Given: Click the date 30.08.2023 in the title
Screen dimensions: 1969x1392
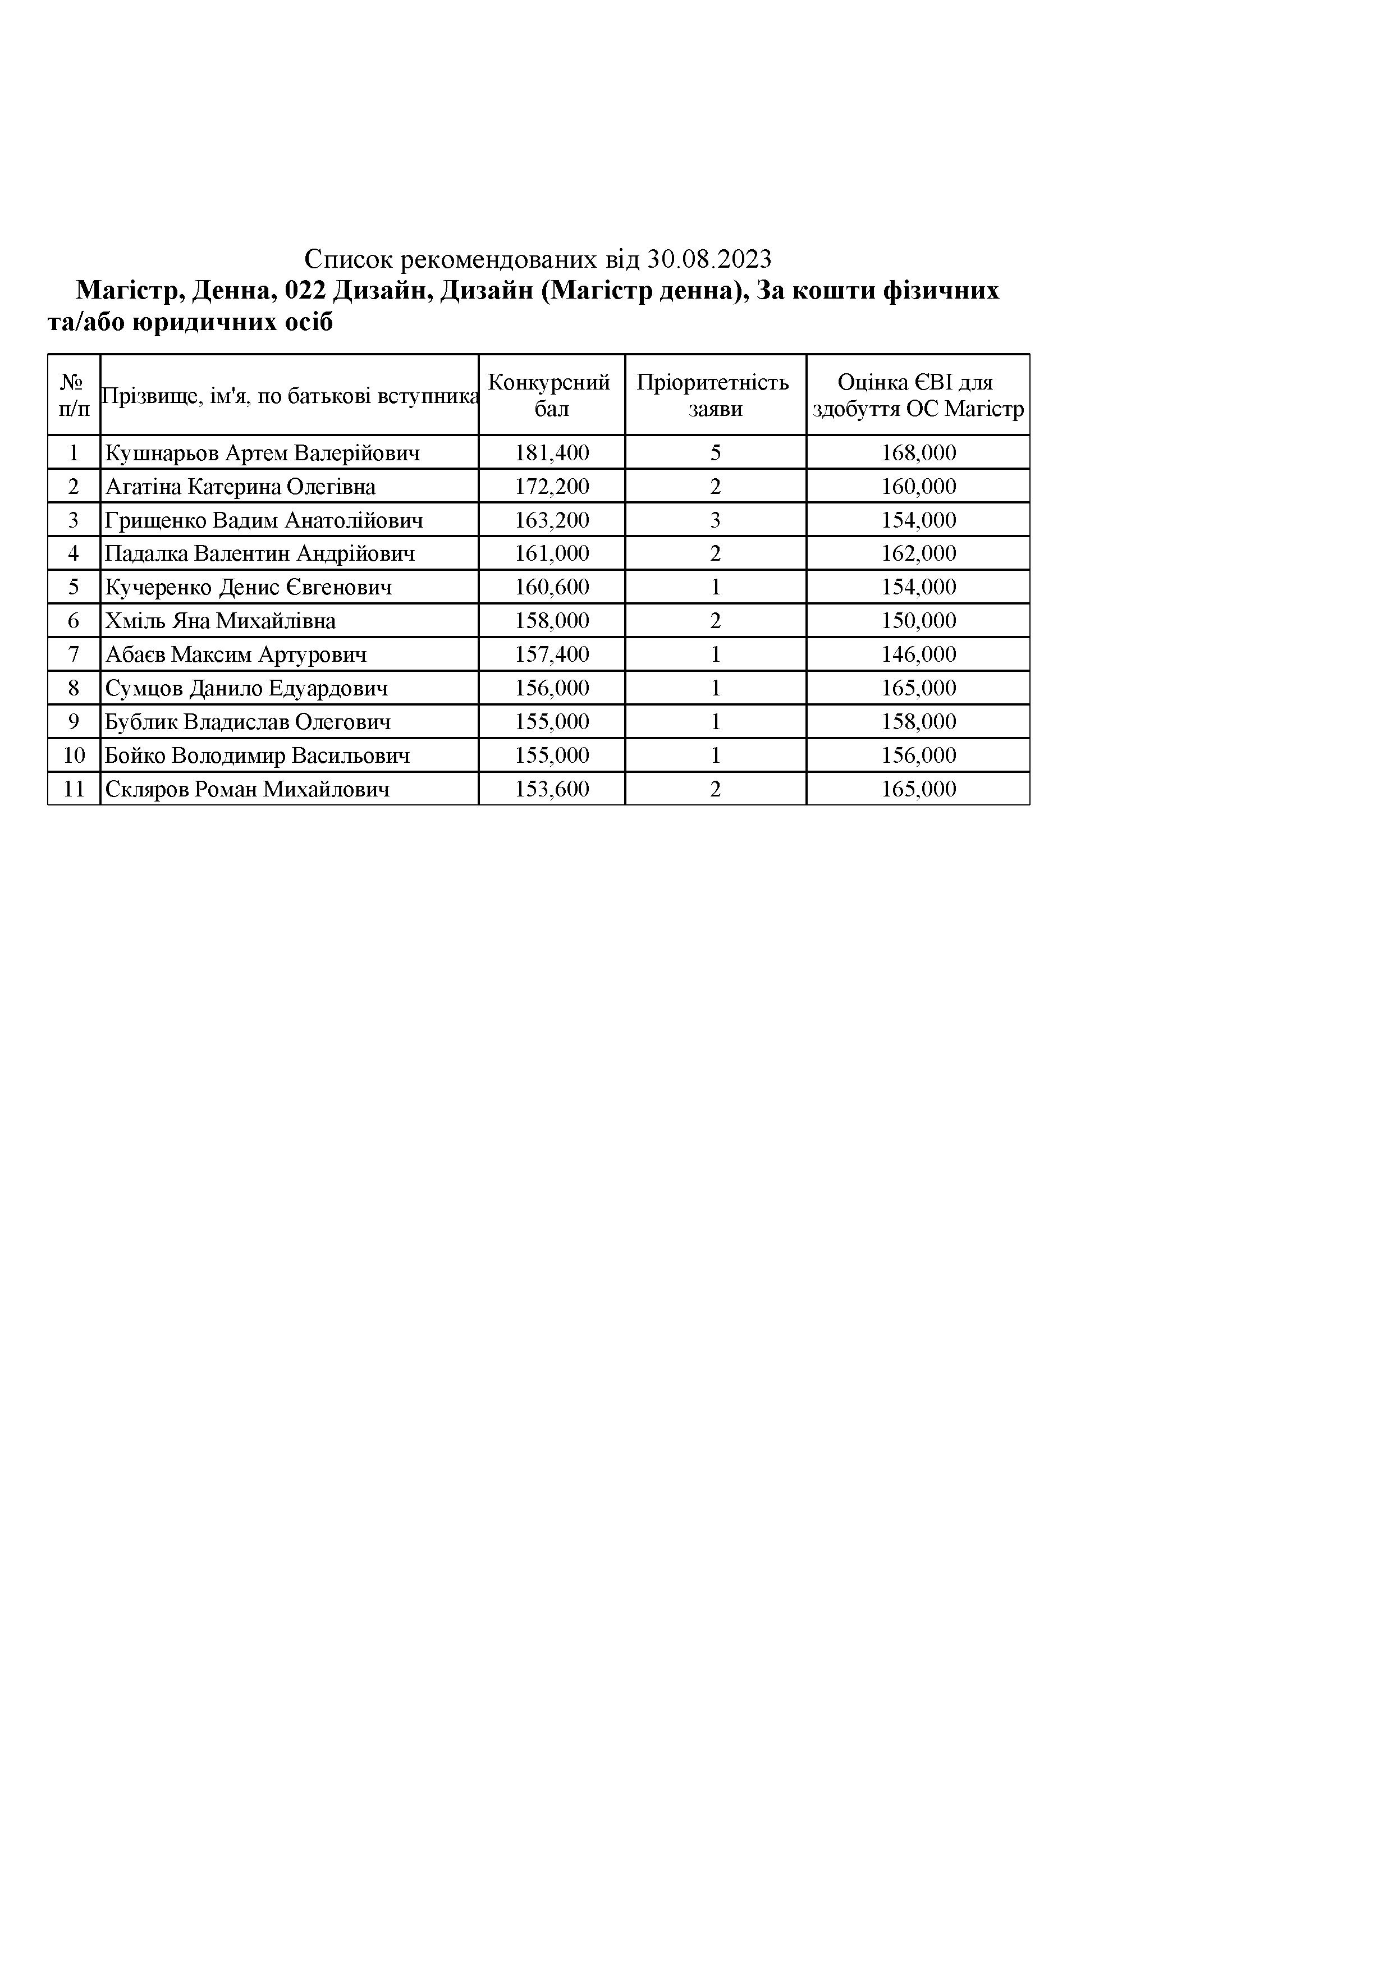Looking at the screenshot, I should (x=709, y=258).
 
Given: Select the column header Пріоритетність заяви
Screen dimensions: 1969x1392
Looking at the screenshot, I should (x=715, y=395).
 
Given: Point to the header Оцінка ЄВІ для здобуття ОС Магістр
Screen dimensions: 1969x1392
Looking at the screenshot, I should (x=918, y=395).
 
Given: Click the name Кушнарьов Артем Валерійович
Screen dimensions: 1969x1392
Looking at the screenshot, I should (x=263, y=453).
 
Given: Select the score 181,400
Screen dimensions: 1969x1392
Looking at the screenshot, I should (x=552, y=453).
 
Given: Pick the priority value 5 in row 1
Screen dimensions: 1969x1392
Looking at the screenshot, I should (x=715, y=453).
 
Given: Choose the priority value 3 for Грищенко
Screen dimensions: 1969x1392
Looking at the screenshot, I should (x=715, y=520).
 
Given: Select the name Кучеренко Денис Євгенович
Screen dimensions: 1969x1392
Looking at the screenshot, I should (x=249, y=588).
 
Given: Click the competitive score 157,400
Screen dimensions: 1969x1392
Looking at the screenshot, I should (x=552, y=655).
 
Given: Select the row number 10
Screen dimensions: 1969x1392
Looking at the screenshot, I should (x=74, y=755).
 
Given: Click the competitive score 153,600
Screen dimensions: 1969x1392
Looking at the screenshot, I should (x=552, y=789).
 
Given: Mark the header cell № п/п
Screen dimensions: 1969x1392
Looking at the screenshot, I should (x=74, y=395).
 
